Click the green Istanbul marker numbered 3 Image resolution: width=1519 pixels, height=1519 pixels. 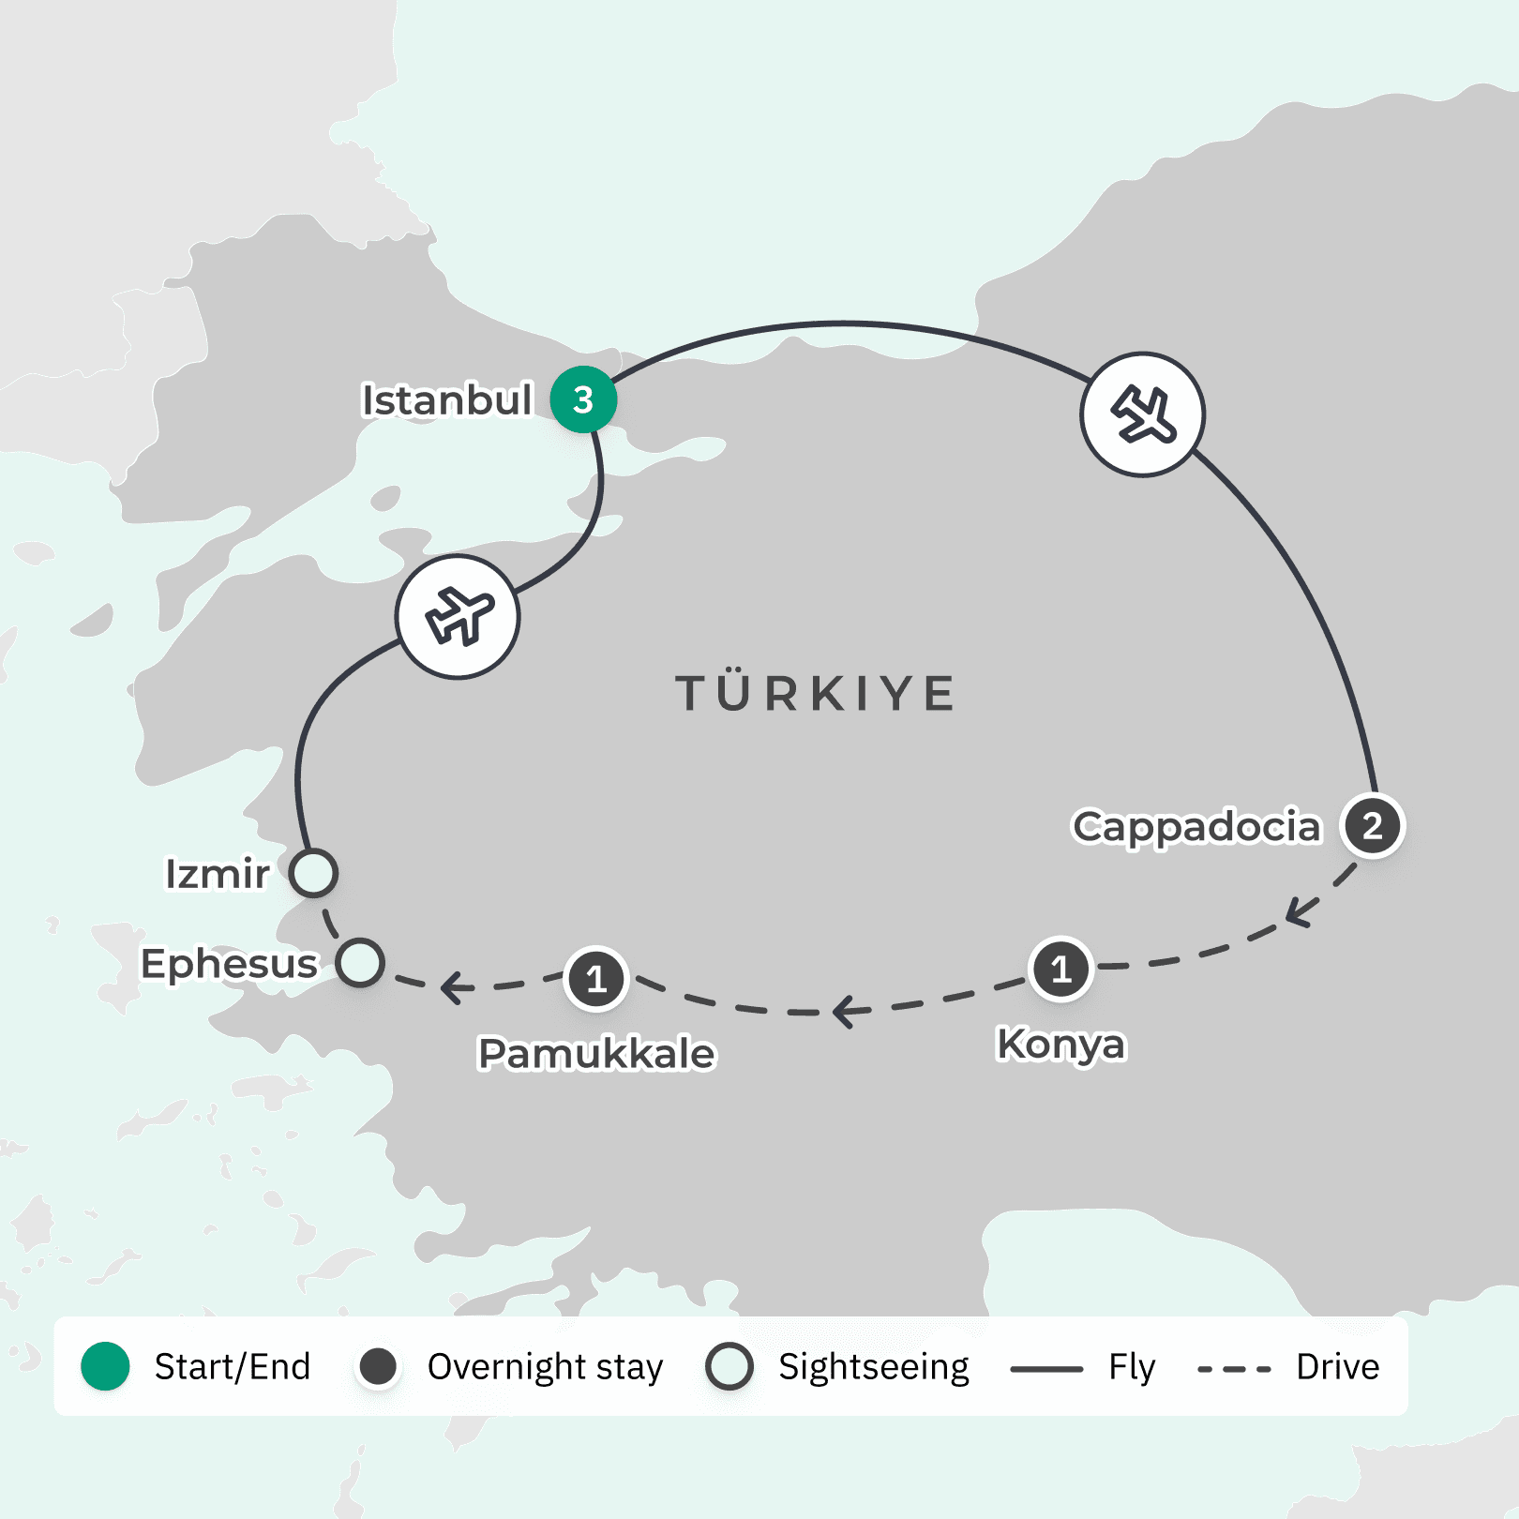pos(583,399)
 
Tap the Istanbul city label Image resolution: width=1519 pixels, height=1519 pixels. pos(447,400)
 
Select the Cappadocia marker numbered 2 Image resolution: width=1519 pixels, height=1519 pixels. pos(1373,826)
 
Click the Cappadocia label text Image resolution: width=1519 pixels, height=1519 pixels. pos(1196,827)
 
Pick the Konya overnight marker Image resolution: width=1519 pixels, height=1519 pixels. pos(1060,969)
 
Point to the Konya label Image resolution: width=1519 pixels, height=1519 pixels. pos(1060,1044)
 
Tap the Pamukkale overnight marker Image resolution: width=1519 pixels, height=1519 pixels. pos(596,980)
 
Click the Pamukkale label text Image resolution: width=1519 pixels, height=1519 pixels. pos(596,1053)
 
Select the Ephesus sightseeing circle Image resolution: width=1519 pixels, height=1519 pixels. pos(360,963)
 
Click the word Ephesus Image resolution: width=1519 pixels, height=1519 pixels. pos(230,964)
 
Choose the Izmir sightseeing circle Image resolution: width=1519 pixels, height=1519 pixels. pos(313,873)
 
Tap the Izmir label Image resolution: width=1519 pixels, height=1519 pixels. pos(218,874)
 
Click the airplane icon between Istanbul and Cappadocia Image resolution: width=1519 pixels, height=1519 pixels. pos(1142,414)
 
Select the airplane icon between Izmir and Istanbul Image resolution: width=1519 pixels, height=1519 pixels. pos(458,617)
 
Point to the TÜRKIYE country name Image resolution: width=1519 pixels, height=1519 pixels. pos(816,694)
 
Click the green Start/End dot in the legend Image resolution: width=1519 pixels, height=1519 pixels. pos(105,1366)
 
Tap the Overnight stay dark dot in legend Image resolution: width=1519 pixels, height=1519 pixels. pos(379,1366)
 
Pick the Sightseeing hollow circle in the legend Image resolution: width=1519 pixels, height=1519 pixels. pos(729,1366)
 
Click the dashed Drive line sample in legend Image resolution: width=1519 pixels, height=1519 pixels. pos(1234,1369)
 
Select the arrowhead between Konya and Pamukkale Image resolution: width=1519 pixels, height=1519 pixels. pos(844,1011)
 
